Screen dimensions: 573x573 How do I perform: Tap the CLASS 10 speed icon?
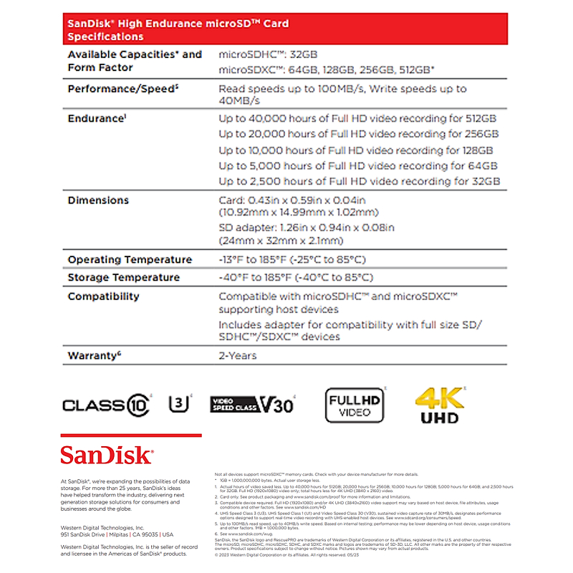pyautogui.click(x=107, y=405)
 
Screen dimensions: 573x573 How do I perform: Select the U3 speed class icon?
pyautogui.click(x=179, y=404)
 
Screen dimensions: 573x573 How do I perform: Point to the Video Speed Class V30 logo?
pyautogui.click(x=251, y=405)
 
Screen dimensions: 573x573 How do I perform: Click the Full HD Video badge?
pyautogui.click(x=355, y=405)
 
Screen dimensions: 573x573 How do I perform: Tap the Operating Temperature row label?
pyautogui.click(x=130, y=259)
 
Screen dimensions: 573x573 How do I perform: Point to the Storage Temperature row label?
pyautogui.click(x=123, y=277)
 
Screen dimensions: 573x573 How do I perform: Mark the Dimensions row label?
pyautogui.click(x=98, y=200)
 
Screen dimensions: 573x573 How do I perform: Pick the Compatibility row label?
pyautogui.click(x=103, y=296)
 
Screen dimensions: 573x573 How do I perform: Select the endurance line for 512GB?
pyautogui.click(x=357, y=118)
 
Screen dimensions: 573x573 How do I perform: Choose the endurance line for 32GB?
pyautogui.click(x=359, y=181)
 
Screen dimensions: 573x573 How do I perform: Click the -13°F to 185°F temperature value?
pyautogui.click(x=292, y=259)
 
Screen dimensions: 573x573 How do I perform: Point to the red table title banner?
pyautogui.click(x=286, y=29)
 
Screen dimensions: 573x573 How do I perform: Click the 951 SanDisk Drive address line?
pyautogui.click(x=117, y=534)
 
